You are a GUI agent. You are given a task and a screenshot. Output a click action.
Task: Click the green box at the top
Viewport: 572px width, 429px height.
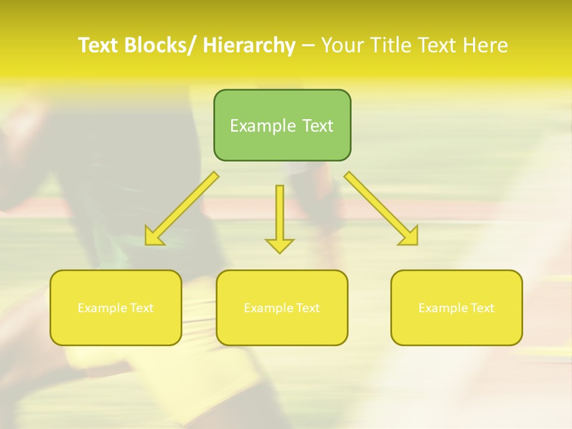tap(282, 125)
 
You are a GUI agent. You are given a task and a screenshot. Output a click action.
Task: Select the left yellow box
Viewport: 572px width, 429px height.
tap(116, 307)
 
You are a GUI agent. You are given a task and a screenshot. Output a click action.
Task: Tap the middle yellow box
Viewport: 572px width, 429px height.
tap(282, 307)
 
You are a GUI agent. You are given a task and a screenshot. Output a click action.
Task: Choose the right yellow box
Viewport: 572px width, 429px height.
tap(456, 307)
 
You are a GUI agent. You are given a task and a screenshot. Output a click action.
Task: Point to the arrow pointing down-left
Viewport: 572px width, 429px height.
tap(182, 209)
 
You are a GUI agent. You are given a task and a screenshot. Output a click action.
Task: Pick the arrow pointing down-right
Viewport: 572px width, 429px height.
tap(381, 209)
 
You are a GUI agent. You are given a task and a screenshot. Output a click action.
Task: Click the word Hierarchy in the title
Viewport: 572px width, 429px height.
tap(249, 45)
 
